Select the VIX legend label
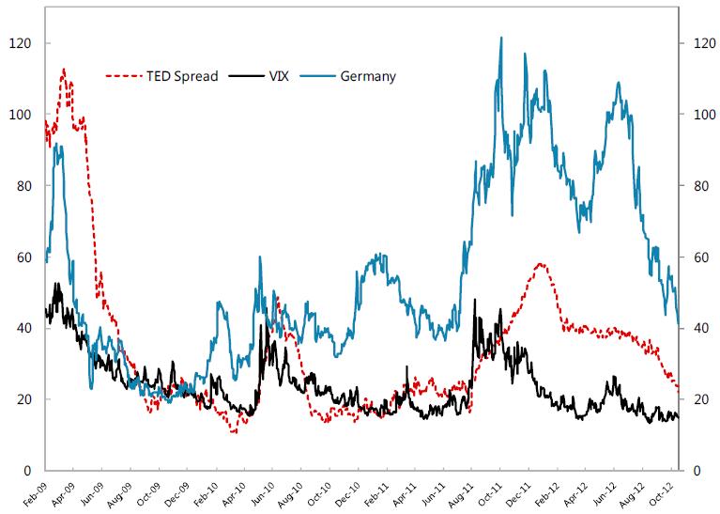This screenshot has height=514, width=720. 280,75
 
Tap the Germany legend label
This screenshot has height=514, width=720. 369,75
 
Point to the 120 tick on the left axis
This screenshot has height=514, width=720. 18,43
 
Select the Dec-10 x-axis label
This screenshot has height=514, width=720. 348,495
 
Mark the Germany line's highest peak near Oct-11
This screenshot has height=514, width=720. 501,38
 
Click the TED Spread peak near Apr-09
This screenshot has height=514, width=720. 64,69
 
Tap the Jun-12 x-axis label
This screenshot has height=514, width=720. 605,495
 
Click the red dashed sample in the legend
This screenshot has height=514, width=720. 122,75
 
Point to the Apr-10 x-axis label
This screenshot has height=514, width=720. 235,495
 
